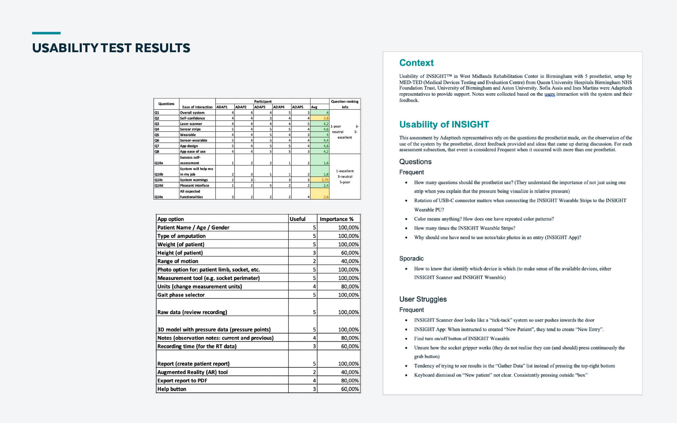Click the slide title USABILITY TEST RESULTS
(x=111, y=48)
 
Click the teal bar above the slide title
(x=46, y=33)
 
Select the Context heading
(x=416, y=63)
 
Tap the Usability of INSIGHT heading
(x=444, y=124)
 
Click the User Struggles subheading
(x=423, y=299)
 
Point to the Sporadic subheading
(x=411, y=258)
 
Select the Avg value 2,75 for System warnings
(x=325, y=180)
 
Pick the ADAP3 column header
(x=260, y=107)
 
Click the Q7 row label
(x=157, y=146)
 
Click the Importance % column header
(x=336, y=219)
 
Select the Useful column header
(x=298, y=219)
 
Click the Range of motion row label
(x=178, y=261)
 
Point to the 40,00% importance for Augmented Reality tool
(x=348, y=372)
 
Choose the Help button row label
(x=172, y=389)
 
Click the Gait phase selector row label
(x=181, y=295)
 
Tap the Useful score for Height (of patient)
(x=314, y=253)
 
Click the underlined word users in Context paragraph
(x=549, y=94)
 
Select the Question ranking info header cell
(x=344, y=104)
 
